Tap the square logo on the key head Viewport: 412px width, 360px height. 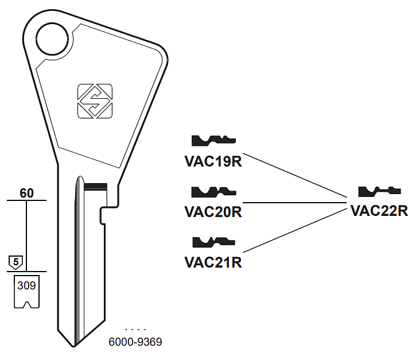pos(95,101)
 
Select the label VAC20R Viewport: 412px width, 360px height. pos(213,212)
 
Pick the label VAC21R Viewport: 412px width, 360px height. pos(213,262)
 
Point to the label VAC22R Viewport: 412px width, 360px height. pos(379,211)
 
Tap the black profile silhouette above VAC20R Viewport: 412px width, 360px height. pos(213,191)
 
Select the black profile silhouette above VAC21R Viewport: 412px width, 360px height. pos(213,241)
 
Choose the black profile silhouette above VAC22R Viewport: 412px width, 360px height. pos(379,191)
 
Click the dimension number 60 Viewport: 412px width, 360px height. pos(26,193)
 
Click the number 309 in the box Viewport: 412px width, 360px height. pos(26,285)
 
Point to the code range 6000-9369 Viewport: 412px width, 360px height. pos(135,342)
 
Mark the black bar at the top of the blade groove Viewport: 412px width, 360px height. pos(95,185)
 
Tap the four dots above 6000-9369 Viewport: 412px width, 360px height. pos(135,330)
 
